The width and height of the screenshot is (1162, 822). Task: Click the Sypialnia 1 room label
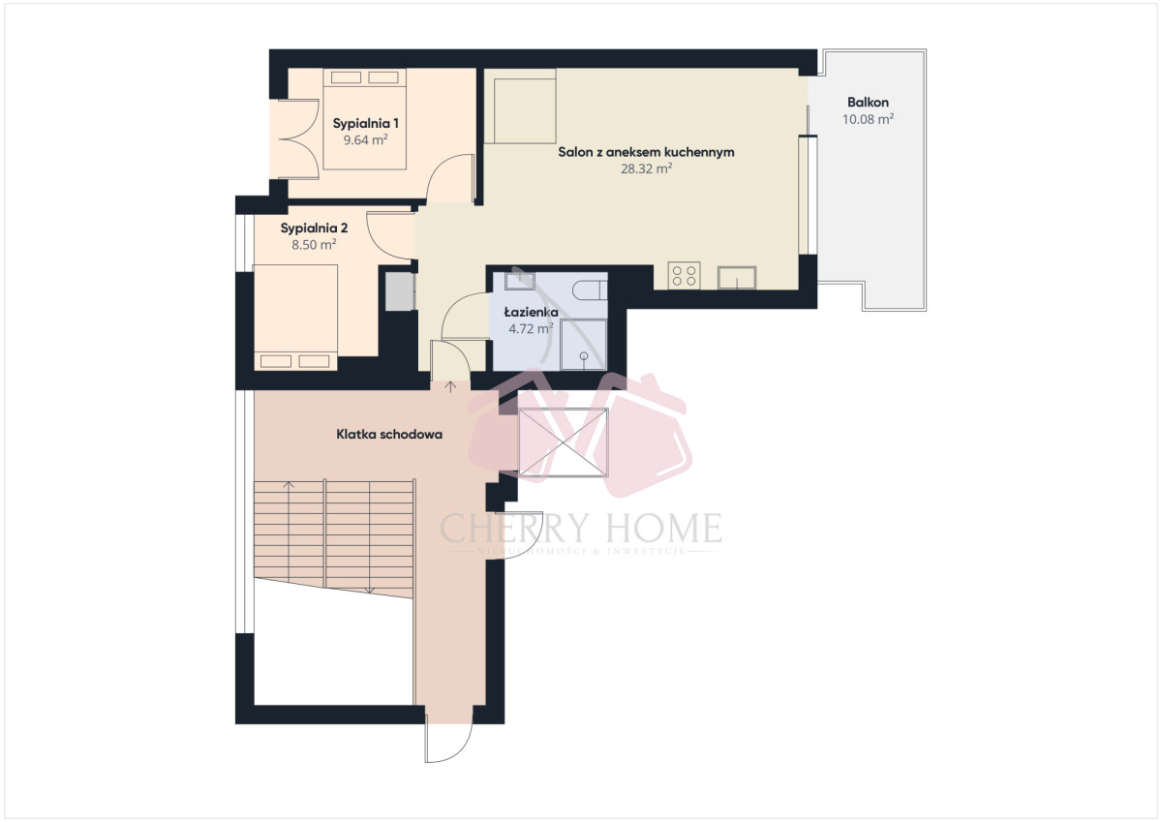point(366,123)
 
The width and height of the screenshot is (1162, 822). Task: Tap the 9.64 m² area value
point(366,139)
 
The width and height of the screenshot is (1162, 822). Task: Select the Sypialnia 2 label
point(314,228)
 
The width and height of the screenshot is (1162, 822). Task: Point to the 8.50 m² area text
point(314,245)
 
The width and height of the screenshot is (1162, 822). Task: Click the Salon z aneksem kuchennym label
point(646,152)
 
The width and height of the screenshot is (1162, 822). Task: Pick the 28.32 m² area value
point(646,168)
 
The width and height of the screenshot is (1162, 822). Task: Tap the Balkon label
point(868,103)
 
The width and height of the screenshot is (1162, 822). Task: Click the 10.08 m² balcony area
point(868,119)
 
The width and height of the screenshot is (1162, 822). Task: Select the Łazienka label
point(531,312)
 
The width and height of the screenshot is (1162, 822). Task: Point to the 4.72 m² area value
point(531,328)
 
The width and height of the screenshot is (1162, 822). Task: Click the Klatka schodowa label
point(389,435)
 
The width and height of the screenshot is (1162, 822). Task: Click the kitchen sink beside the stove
point(741,278)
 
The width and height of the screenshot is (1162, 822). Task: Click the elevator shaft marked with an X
point(564,442)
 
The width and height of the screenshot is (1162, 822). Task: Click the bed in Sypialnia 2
point(295,315)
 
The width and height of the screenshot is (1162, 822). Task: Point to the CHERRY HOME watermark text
point(581,529)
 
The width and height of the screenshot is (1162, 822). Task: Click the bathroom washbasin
point(519,282)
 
